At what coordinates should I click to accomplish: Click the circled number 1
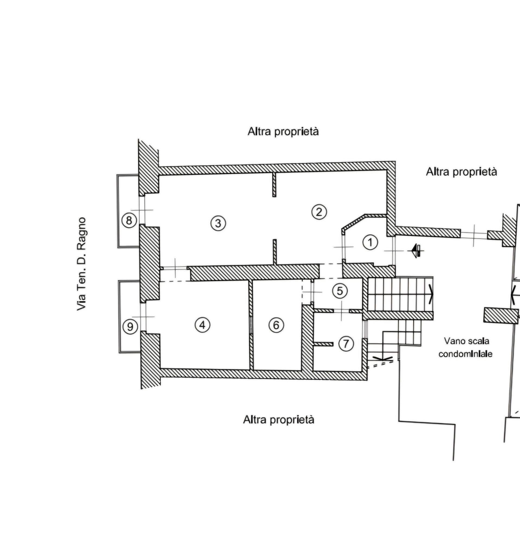(370, 242)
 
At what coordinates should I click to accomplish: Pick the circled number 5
(340, 291)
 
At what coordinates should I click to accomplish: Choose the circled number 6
(276, 325)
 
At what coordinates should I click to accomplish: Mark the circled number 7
(346, 343)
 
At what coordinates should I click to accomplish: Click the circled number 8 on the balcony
(129, 221)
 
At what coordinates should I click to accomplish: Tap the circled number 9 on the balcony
(130, 327)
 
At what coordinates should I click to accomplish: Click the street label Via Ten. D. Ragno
(81, 264)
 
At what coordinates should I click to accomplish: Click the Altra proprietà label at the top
(283, 131)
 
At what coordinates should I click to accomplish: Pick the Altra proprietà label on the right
(461, 172)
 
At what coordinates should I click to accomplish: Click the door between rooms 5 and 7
(342, 311)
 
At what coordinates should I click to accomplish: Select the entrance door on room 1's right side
(394, 251)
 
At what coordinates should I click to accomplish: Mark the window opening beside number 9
(143, 317)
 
